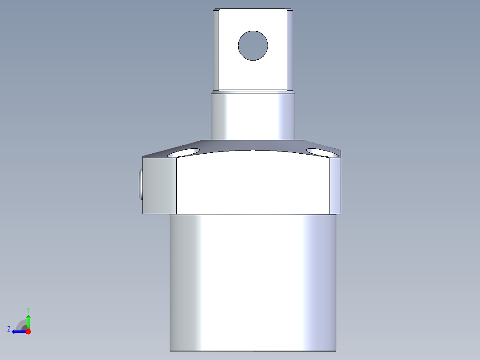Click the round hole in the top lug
[x=253, y=45]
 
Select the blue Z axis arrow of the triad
[x=18, y=331]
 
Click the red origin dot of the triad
[x=28, y=331]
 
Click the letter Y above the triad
[x=28, y=309]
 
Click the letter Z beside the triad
[x=9, y=329]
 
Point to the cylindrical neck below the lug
[x=252, y=116]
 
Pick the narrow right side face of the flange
[x=335, y=186]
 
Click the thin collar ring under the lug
[x=252, y=92]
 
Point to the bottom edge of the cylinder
[x=252, y=351]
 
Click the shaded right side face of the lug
[x=289, y=49]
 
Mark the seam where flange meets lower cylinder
[x=252, y=214]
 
